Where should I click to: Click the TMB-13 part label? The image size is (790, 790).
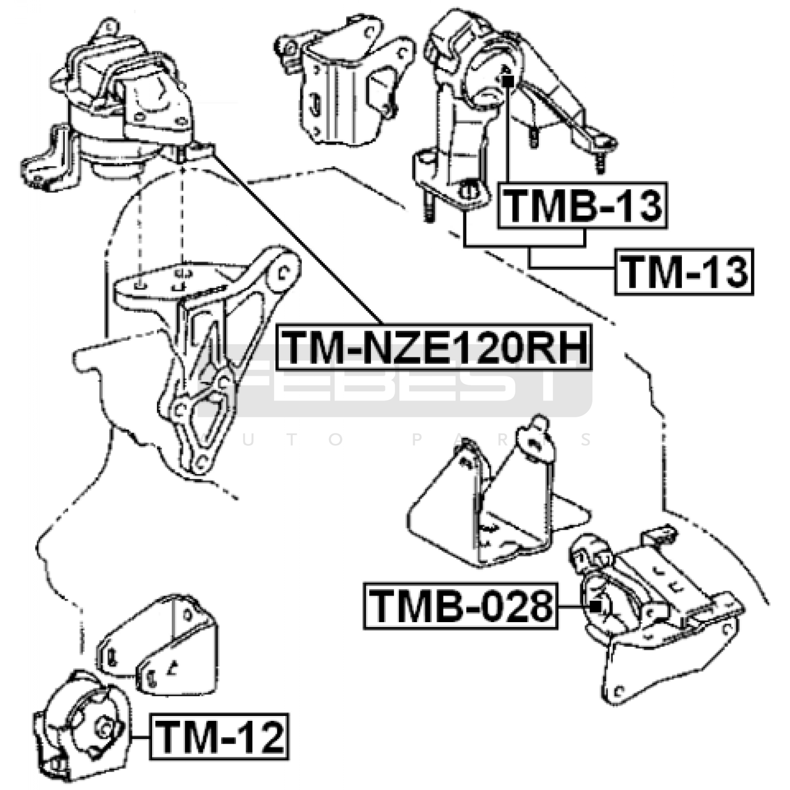tap(583, 205)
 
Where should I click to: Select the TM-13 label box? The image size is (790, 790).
tap(684, 272)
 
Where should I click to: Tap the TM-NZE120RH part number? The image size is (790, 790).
tap(434, 347)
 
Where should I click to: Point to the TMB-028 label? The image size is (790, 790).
tap(461, 606)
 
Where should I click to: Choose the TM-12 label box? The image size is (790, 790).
tap(220, 737)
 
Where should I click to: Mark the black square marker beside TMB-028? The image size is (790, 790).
tap(596, 606)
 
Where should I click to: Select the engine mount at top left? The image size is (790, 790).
tap(118, 104)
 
